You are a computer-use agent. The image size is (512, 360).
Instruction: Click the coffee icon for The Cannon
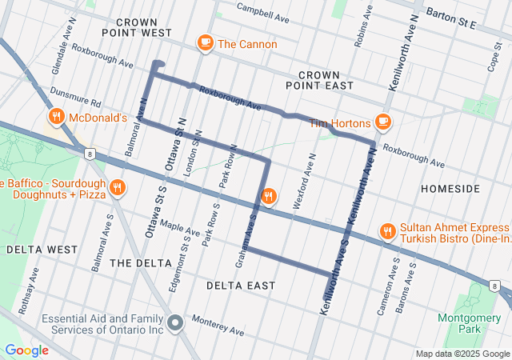click(205, 44)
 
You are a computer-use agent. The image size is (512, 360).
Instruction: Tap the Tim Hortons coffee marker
click(383, 122)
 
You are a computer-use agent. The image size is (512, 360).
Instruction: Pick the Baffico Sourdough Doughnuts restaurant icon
click(118, 187)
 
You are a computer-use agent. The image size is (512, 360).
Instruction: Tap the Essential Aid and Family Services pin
click(177, 323)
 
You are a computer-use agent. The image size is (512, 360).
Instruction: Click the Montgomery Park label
click(458, 323)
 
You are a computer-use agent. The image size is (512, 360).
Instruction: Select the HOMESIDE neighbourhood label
click(450, 189)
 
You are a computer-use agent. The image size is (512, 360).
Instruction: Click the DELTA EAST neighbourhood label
click(240, 286)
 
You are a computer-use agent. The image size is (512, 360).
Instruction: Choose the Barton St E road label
click(451, 20)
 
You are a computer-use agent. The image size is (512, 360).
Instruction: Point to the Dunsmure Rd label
click(76, 99)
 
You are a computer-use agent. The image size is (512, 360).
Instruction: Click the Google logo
click(26, 350)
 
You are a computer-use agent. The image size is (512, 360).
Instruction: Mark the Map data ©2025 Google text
click(461, 354)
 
